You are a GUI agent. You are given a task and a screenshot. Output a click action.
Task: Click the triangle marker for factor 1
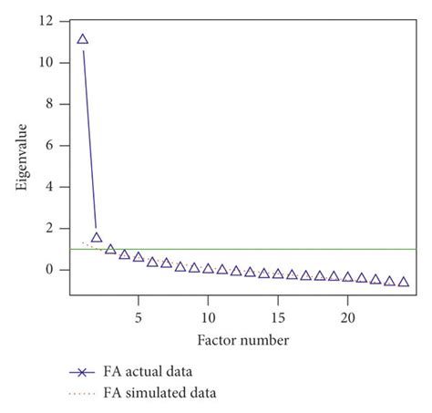pyautogui.click(x=83, y=39)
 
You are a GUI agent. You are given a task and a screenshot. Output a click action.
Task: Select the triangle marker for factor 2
pyautogui.click(x=97, y=237)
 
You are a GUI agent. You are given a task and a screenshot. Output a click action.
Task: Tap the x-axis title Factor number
pyautogui.click(x=242, y=340)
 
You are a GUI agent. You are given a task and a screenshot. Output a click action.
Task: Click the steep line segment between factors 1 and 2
pyautogui.click(x=89, y=137)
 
